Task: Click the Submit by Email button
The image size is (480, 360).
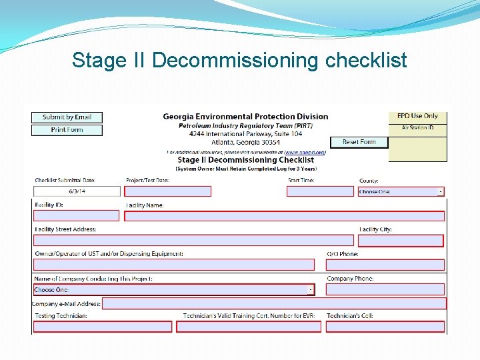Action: tap(67, 117)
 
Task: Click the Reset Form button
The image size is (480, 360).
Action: tap(359, 142)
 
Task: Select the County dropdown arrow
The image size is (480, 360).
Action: tap(440, 191)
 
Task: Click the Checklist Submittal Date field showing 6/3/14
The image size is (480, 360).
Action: tap(77, 191)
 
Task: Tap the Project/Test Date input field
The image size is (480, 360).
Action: tap(168, 191)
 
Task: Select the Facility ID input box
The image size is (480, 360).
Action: tap(76, 216)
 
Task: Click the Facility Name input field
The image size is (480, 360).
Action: tap(285, 216)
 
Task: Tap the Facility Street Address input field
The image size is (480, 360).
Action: tap(193, 241)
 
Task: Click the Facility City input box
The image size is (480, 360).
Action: tap(401, 241)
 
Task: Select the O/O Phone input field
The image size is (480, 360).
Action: tap(385, 265)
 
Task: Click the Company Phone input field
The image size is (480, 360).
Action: tap(385, 290)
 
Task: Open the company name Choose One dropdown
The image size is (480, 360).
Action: tap(310, 290)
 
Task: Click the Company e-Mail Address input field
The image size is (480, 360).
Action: tap(274, 303)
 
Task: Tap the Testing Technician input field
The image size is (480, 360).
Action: tap(103, 327)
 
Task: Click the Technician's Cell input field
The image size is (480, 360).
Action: tap(385, 327)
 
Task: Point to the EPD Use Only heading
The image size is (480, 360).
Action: tap(417, 116)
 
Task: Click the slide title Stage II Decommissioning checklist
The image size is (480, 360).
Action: tap(239, 60)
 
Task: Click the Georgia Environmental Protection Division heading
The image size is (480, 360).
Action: tap(245, 117)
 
